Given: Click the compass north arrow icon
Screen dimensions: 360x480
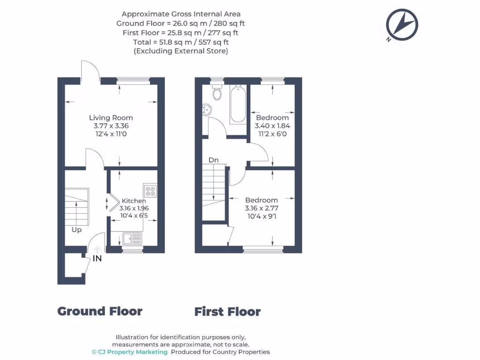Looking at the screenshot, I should tap(402, 24).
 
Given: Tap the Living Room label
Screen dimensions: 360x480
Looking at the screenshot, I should tap(111, 118).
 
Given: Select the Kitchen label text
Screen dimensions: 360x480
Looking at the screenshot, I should tap(134, 201).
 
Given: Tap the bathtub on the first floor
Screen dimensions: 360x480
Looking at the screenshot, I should tap(238, 105).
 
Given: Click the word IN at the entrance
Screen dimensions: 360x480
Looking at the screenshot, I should tap(97, 258).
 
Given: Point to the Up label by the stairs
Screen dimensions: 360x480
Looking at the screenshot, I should tap(76, 230).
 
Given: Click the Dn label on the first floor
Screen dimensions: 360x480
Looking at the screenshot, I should tap(214, 160).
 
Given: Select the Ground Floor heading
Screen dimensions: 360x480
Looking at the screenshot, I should tap(100, 311).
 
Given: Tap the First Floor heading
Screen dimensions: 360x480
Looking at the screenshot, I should tap(227, 312).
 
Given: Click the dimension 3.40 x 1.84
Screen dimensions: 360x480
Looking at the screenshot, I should tap(272, 126).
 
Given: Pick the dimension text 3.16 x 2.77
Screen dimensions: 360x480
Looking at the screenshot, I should tap(262, 208).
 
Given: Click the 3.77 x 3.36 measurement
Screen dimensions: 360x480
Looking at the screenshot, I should tap(111, 126).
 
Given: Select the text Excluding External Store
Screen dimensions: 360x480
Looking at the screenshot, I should tap(181, 51).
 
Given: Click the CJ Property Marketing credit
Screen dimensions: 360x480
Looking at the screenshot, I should tap(129, 352).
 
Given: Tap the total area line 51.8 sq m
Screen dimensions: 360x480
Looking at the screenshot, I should tap(181, 42).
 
